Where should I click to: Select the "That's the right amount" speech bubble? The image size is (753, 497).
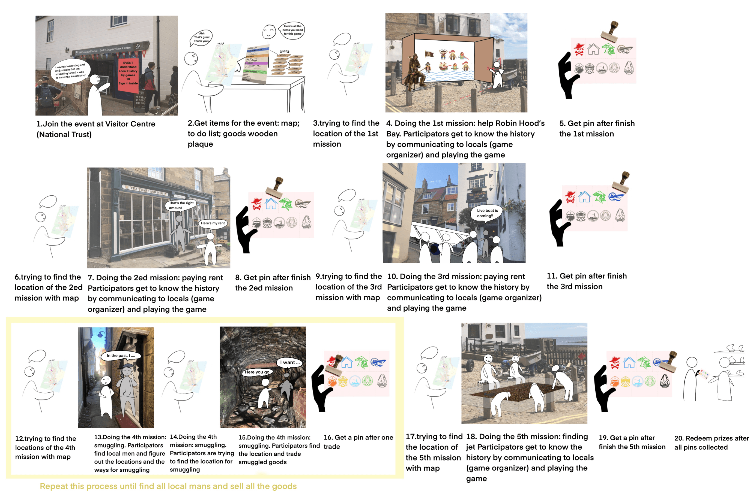coord(181,205)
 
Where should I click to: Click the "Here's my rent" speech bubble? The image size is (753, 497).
coord(212,223)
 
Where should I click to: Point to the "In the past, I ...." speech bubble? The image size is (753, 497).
coord(121,356)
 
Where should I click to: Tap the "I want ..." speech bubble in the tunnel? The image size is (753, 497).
coord(289,362)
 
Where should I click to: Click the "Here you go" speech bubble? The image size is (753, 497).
coord(257,372)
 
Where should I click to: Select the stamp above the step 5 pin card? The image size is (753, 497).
coord(610,31)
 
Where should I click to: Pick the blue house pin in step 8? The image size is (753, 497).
coord(271,204)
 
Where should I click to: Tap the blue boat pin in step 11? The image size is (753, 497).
coord(616,197)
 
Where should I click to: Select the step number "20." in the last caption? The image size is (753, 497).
coord(679,438)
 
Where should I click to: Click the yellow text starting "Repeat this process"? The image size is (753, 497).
coord(168,486)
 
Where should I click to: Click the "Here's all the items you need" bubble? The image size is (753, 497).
coord(292,30)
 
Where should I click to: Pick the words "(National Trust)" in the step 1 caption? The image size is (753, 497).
coord(64,134)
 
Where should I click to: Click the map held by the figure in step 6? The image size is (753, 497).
coord(65,222)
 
